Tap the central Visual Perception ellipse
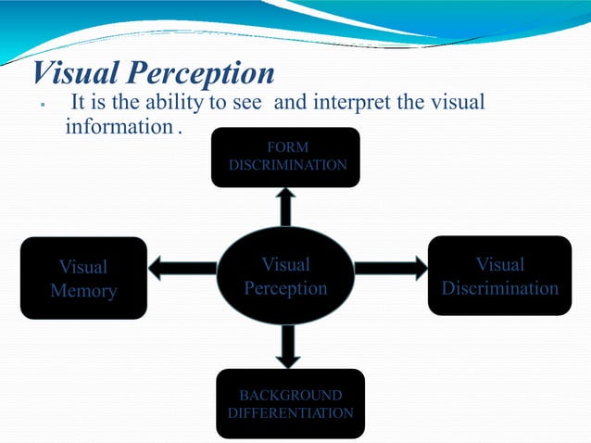(285, 276)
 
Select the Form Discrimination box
(286, 157)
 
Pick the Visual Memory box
(83, 278)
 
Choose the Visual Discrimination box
(499, 276)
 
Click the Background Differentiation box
(290, 403)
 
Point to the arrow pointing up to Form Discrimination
(286, 206)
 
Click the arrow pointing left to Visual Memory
(182, 269)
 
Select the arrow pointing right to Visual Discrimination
(390, 268)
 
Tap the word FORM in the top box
(286, 146)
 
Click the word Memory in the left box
(83, 291)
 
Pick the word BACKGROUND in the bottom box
(290, 395)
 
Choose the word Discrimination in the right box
(499, 288)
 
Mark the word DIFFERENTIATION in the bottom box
(290, 412)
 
